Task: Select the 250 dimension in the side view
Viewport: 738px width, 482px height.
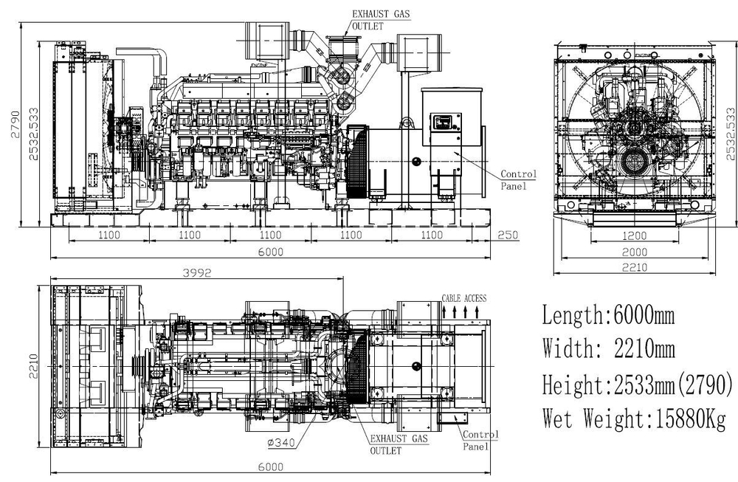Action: click(507, 235)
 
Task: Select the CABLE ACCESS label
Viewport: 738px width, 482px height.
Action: click(463, 298)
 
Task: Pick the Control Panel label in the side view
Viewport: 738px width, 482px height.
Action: click(518, 180)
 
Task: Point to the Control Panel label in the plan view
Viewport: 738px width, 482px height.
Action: click(480, 441)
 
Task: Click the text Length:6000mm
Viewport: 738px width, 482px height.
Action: click(608, 316)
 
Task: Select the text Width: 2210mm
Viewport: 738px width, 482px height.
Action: click(608, 348)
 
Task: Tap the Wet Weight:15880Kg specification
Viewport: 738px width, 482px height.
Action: click(634, 419)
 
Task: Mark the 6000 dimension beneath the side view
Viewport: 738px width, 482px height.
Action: click(271, 252)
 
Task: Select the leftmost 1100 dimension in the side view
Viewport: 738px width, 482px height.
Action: click(108, 235)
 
